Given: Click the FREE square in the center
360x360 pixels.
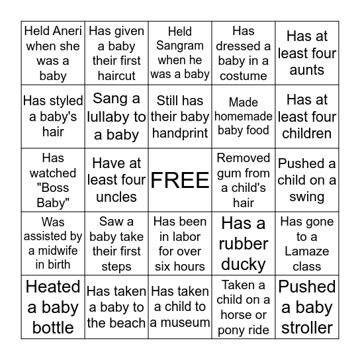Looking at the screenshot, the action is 180,181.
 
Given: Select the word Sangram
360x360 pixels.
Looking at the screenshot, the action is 180,45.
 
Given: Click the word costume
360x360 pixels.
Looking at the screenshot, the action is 243,75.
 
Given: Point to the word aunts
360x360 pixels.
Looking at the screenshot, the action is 307,70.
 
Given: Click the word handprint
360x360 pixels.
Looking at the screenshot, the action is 180,133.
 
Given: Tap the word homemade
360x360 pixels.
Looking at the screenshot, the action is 243,116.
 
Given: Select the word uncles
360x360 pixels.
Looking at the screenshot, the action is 116,197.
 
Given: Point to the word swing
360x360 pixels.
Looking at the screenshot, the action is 307,197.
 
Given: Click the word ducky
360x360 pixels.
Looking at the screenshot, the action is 243,264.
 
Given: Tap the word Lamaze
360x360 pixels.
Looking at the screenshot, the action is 307,251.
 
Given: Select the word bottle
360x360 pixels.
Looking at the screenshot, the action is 53,328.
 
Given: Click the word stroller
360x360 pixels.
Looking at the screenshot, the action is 307,328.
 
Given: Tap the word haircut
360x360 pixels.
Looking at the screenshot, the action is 116,75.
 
